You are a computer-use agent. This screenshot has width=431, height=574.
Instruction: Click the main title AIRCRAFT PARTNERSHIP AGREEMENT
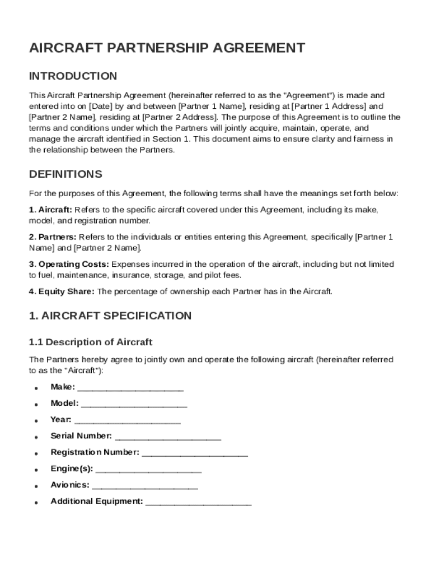coord(167,48)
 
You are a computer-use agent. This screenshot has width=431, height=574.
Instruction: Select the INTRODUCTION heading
coord(73,76)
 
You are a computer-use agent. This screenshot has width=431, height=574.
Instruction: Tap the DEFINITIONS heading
coord(65,174)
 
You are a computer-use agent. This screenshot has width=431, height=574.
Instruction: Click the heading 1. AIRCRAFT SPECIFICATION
coord(110,316)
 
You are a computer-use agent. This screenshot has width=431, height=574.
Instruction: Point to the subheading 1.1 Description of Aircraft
coord(91,342)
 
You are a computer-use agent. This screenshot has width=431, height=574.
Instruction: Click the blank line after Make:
coord(130,388)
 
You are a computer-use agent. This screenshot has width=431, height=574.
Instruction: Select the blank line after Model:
coord(134,404)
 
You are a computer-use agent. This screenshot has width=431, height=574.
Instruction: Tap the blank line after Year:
coord(127,420)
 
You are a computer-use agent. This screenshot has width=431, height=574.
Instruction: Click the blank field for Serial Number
coord(168,437)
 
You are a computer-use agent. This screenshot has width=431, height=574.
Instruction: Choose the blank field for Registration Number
coord(195,453)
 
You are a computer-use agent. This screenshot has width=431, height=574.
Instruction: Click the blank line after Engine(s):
coord(148,469)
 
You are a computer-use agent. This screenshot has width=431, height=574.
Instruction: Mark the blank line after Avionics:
coord(144,485)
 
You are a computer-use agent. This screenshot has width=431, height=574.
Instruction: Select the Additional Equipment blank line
coord(199,502)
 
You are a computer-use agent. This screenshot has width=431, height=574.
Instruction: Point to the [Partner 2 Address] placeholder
coord(180,117)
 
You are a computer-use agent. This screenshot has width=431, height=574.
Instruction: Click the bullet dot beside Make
coord(36,388)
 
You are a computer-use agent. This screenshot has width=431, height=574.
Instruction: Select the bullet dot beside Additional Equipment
coord(36,503)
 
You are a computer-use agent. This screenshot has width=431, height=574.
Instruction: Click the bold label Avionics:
coord(69,485)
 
